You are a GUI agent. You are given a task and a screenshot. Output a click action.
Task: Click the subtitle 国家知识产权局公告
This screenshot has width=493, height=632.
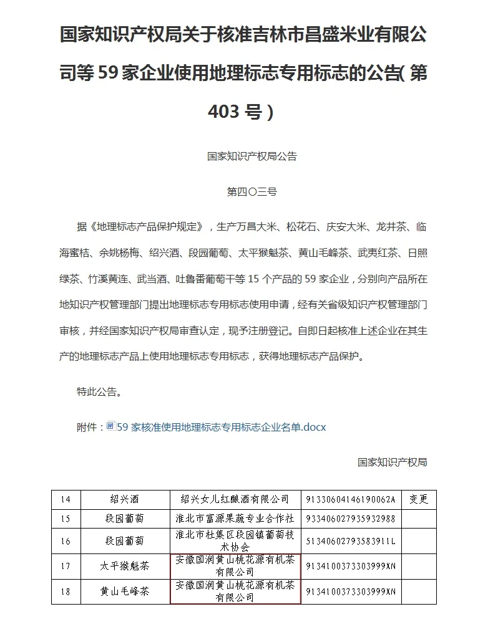tap(252, 156)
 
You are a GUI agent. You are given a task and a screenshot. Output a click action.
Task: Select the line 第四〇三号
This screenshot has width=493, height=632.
tap(251, 191)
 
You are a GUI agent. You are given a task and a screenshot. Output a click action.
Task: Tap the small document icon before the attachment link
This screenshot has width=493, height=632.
tap(111, 426)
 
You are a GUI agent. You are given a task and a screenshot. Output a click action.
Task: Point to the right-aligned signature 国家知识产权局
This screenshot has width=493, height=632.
tap(392, 462)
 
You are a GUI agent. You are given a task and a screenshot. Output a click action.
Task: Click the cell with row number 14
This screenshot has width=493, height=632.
tap(66, 499)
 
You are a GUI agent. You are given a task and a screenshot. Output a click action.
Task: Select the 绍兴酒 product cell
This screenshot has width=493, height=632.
tap(125, 499)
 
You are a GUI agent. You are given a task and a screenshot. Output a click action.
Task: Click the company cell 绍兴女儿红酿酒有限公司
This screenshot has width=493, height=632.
tap(235, 499)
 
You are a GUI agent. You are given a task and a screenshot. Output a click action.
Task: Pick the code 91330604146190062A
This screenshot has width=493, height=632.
tap(351, 499)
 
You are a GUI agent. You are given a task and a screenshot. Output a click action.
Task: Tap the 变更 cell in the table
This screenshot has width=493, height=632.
tap(419, 499)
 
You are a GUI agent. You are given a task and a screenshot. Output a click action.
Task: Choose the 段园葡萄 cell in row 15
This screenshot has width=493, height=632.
tap(125, 519)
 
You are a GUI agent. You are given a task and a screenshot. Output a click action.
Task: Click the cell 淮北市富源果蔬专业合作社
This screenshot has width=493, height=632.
tap(235, 519)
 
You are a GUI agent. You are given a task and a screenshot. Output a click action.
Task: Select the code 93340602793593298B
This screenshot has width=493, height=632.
tap(351, 519)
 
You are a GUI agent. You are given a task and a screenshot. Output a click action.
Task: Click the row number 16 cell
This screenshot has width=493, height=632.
tap(66, 541)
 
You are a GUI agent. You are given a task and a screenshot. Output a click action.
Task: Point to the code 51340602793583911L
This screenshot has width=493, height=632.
tap(351, 541)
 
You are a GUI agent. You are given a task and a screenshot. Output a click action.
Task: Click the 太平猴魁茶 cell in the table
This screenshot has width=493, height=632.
tap(125, 566)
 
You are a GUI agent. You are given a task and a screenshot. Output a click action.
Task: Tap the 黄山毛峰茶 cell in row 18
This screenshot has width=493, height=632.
tap(125, 591)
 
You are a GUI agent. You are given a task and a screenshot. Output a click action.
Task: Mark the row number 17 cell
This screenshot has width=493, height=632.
tap(66, 566)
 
